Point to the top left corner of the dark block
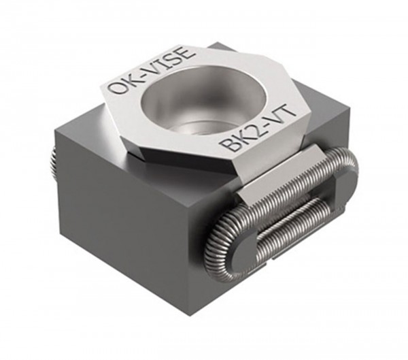[x=61, y=122]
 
